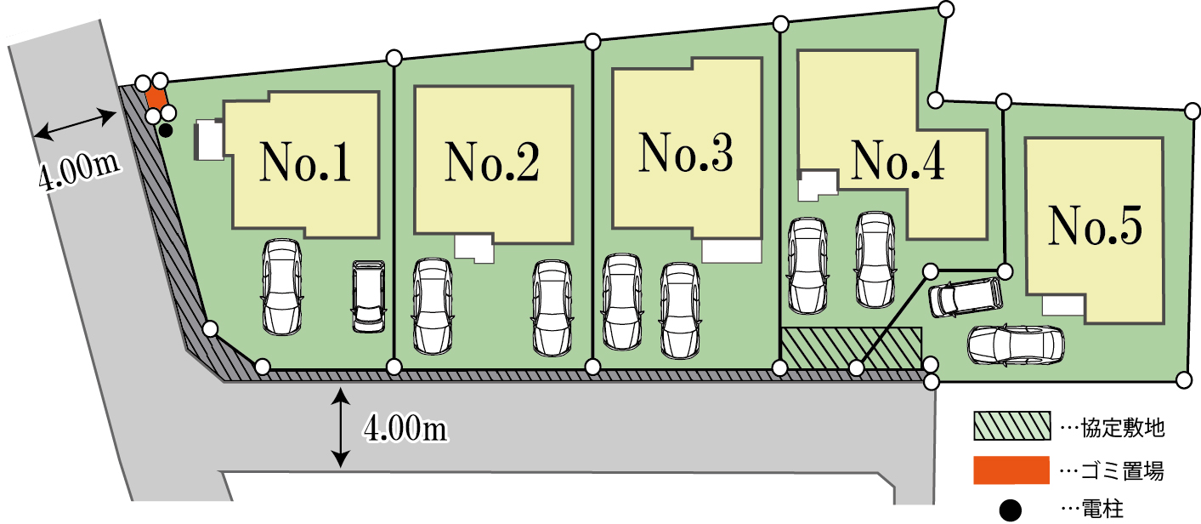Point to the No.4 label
coord(898,159)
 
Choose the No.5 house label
coord(1094,224)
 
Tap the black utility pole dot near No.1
coord(167,130)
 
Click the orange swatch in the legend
coord(1010,469)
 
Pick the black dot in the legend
coord(1010,510)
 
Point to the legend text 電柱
coord(1102,510)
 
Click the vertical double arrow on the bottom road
coord(341,427)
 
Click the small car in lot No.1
coord(369,296)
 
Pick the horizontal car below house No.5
coord(1016,344)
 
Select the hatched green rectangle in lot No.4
coord(851,348)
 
